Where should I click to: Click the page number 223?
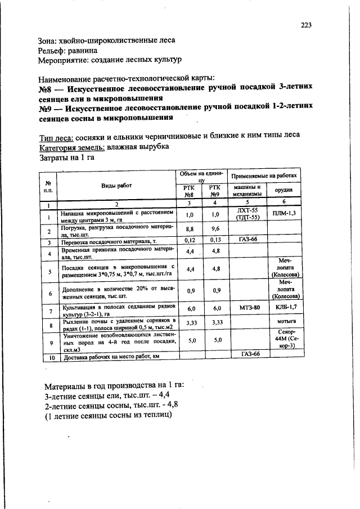coord(306,25)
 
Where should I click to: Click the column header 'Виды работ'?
coord(116,186)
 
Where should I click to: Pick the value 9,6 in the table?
coord(214,229)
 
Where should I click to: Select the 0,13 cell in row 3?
coord(214,240)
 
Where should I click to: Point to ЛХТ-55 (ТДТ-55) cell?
coord(247,214)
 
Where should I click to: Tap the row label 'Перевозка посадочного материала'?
coord(108,241)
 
